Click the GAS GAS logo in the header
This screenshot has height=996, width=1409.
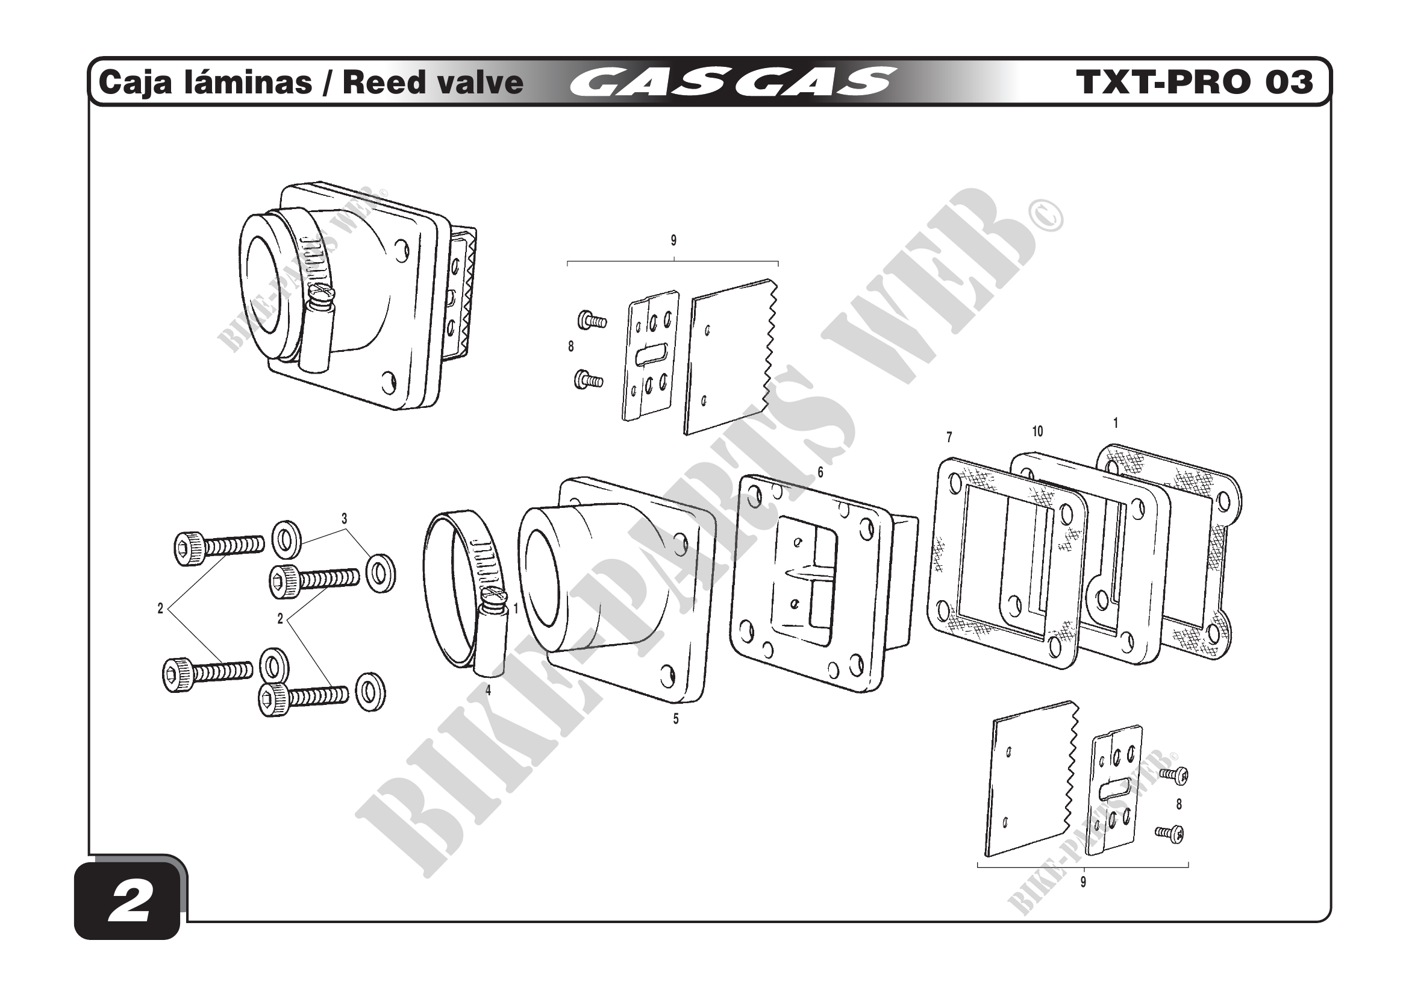click(730, 83)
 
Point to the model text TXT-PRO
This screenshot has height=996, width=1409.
click(1163, 82)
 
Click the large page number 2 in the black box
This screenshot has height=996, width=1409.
click(130, 903)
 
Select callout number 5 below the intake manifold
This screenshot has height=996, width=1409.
click(676, 719)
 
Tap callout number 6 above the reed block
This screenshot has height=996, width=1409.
click(820, 472)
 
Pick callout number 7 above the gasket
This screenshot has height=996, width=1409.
click(949, 437)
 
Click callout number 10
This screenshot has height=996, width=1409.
click(1037, 431)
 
